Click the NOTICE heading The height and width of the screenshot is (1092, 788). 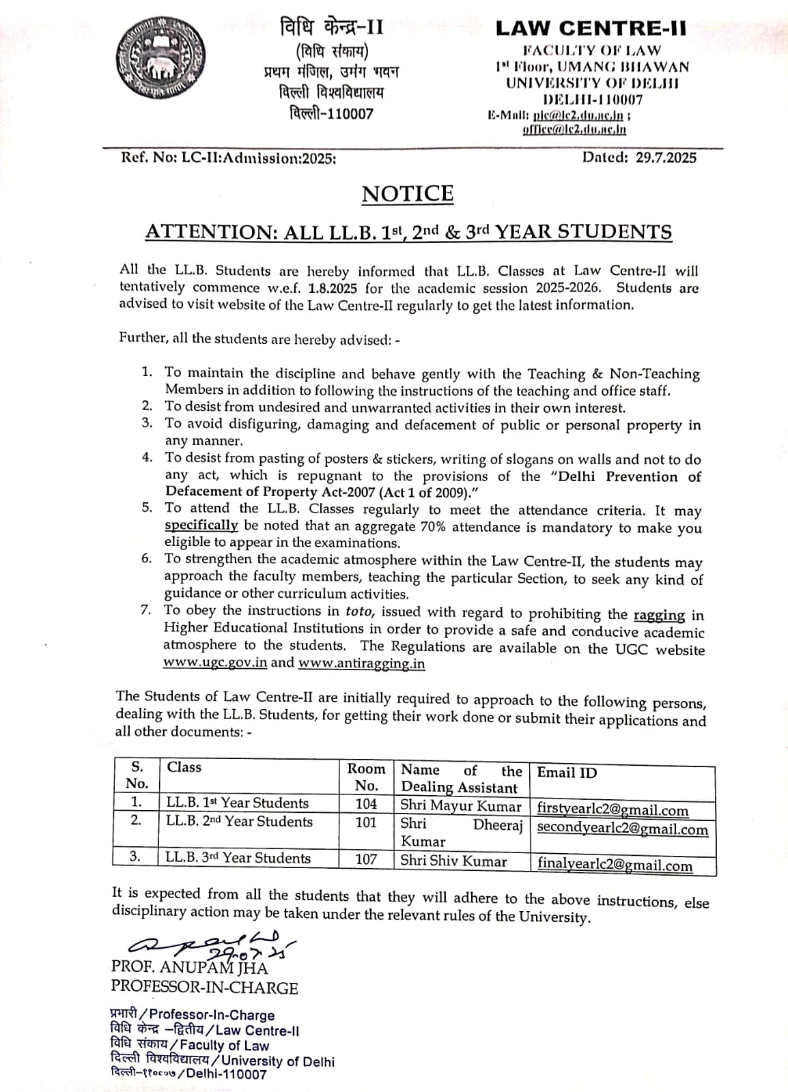tap(408, 194)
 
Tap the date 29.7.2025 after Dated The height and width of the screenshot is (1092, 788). tap(666, 158)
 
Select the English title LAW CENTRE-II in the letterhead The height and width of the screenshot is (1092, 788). tap(591, 28)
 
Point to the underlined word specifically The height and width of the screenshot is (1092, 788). tap(201, 526)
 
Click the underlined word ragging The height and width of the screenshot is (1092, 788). tap(659, 614)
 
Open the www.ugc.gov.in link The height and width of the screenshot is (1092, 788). tap(214, 663)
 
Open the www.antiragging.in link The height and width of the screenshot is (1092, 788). tap(361, 663)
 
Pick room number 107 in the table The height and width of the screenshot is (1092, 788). tap(366, 859)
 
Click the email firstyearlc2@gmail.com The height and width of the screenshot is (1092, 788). tap(613, 810)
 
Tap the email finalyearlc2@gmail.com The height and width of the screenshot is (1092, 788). tap(615, 865)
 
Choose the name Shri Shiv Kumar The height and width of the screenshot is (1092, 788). tap(453, 861)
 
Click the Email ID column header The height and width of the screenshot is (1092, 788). tap(567, 773)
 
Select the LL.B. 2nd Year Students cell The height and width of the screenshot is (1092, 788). tap(239, 822)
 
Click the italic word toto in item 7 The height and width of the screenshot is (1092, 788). tap(359, 612)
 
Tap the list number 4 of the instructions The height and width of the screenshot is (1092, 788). tap(147, 457)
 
